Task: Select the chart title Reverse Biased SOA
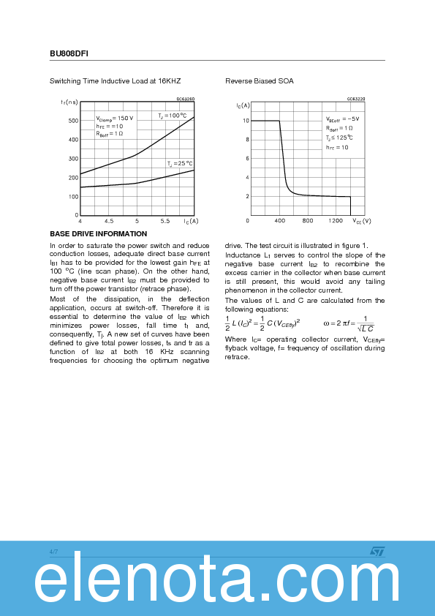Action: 259,81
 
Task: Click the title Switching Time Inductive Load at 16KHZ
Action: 115,81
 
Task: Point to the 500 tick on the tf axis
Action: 73,121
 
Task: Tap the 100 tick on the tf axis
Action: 73,197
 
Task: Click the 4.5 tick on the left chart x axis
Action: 108,220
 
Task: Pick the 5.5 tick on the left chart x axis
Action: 165,220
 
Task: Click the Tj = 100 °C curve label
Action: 173,116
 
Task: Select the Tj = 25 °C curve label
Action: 179,163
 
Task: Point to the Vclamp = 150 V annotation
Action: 115,118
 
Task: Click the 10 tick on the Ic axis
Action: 246,121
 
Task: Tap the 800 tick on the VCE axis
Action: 307,220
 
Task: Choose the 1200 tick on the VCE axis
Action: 336,220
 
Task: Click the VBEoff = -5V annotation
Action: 342,119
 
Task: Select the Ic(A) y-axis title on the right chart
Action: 243,106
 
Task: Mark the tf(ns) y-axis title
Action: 69,102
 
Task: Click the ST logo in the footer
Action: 377,551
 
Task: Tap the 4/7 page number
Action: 53,551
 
